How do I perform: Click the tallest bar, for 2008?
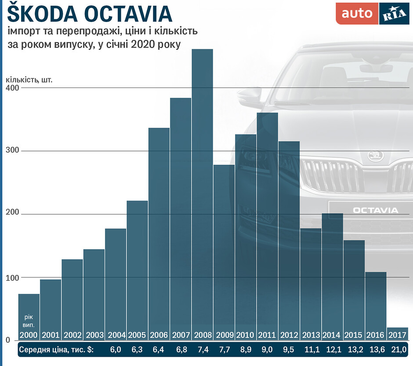pyautogui.click(x=202, y=194)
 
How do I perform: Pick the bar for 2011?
pyautogui.click(x=267, y=224)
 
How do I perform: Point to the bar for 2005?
pyautogui.click(x=137, y=268)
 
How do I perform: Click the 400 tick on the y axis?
pyautogui.click(x=12, y=88)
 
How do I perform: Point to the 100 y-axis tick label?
pyautogui.click(x=12, y=278)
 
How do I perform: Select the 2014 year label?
pyautogui.click(x=332, y=335)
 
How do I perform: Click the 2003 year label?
pyautogui.click(x=94, y=335)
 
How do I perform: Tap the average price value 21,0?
pyautogui.click(x=399, y=350)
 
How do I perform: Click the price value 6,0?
pyautogui.click(x=116, y=350)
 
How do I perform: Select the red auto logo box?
pyautogui.click(x=356, y=14)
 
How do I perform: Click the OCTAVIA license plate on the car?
pyautogui.click(x=375, y=210)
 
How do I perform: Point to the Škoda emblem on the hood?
pyautogui.click(x=376, y=156)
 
